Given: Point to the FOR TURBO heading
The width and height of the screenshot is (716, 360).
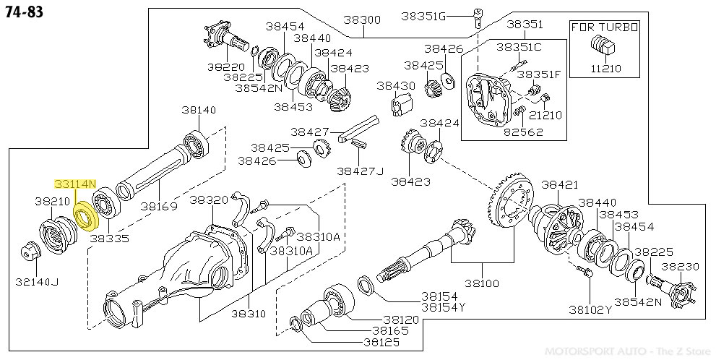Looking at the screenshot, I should [x=605, y=27].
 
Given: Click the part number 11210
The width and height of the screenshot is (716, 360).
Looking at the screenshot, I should [x=605, y=69].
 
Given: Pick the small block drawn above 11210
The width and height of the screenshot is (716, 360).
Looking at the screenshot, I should [x=604, y=48].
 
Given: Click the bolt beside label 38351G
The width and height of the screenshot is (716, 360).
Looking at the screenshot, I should [x=478, y=15].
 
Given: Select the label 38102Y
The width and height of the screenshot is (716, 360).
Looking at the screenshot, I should [x=590, y=309].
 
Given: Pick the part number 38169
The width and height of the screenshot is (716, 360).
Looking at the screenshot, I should [x=159, y=206].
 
